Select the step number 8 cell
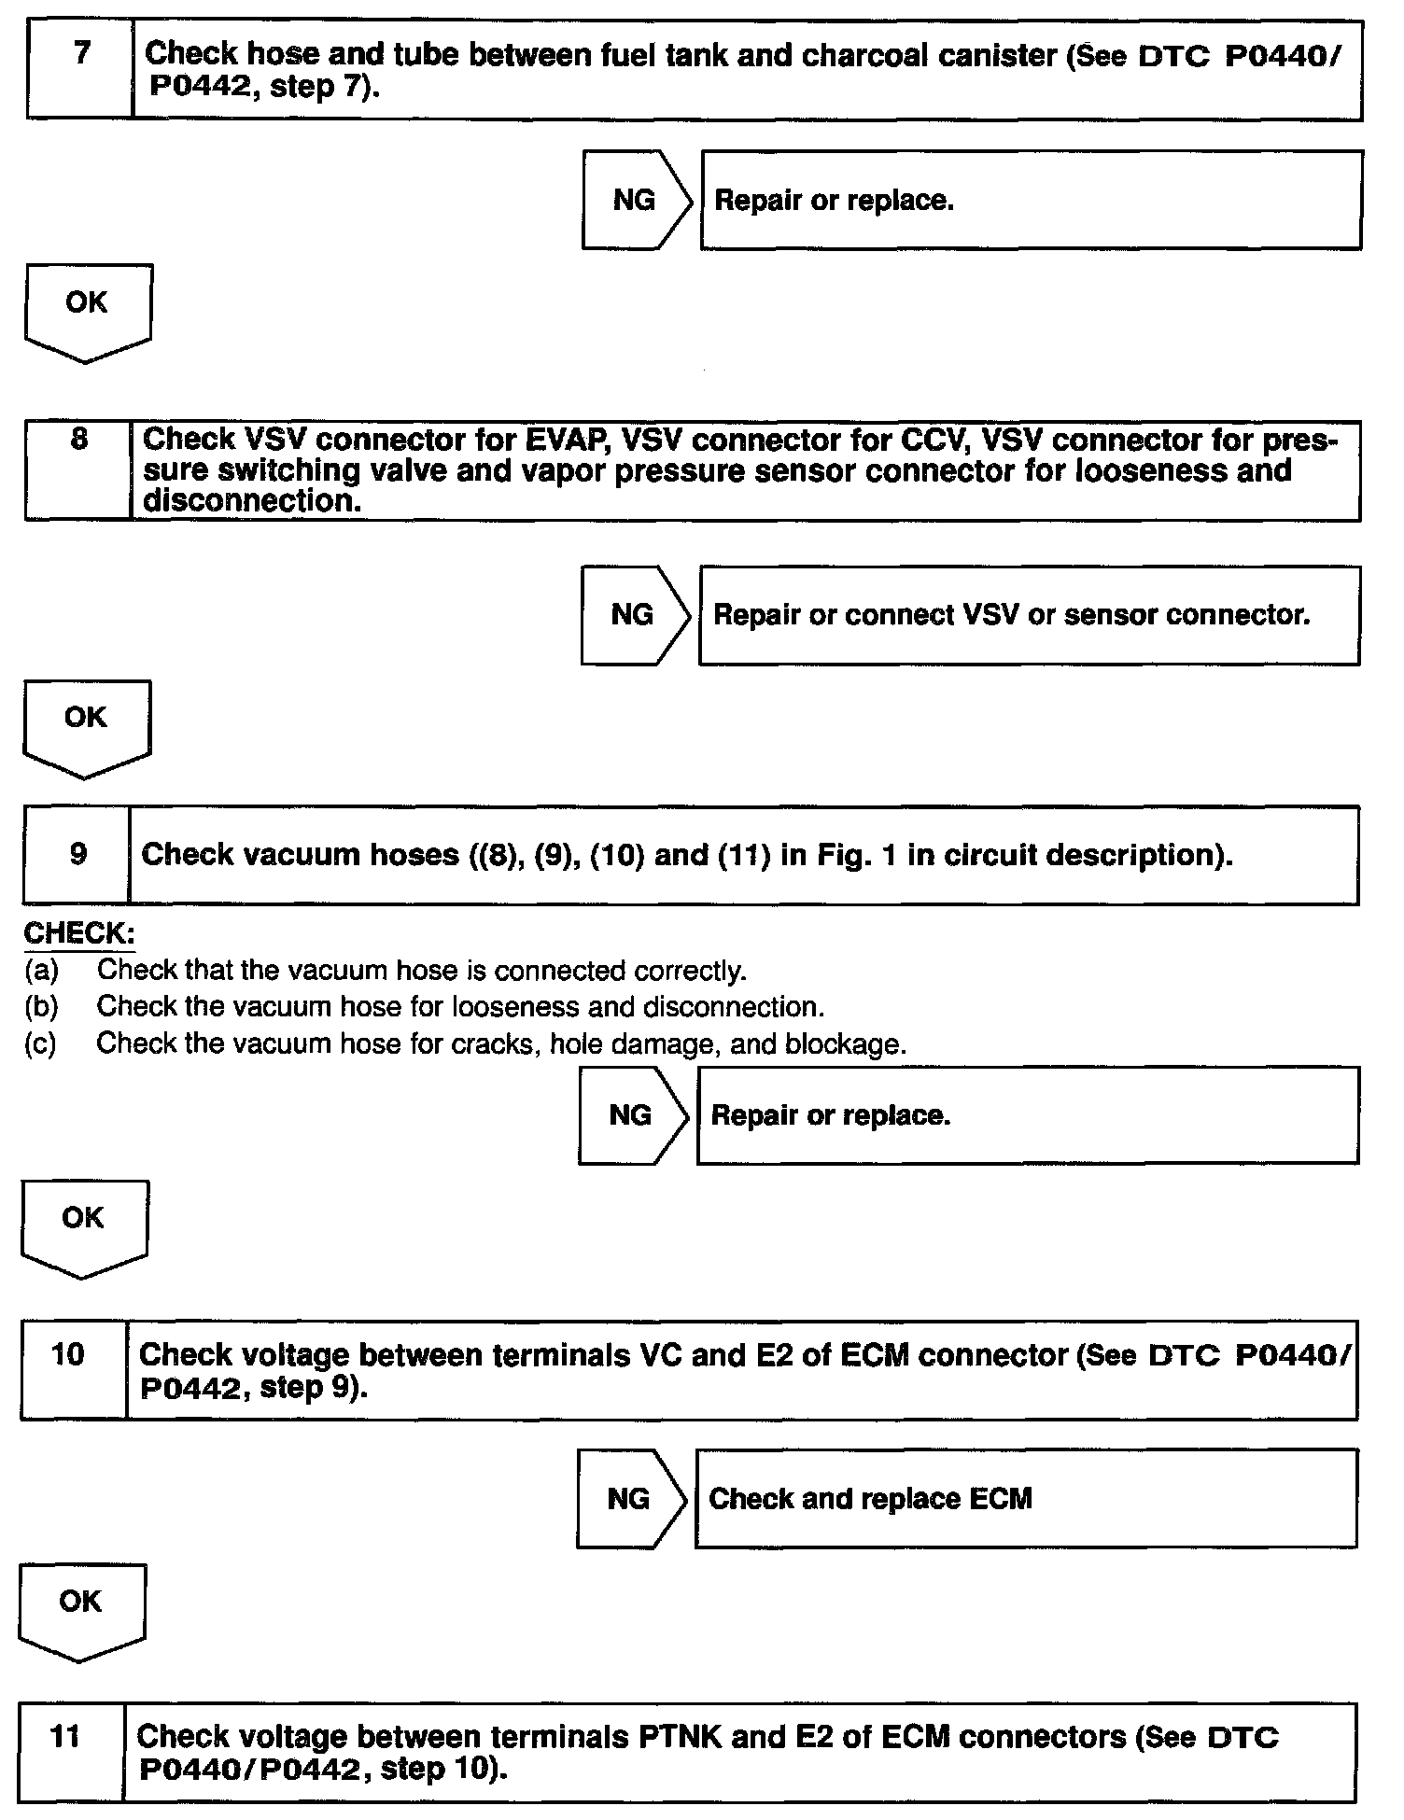78,469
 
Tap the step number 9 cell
77,854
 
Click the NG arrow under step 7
637,200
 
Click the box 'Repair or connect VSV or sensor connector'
1029,614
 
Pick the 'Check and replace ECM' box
1025,1498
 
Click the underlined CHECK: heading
79,933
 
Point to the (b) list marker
42,1007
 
